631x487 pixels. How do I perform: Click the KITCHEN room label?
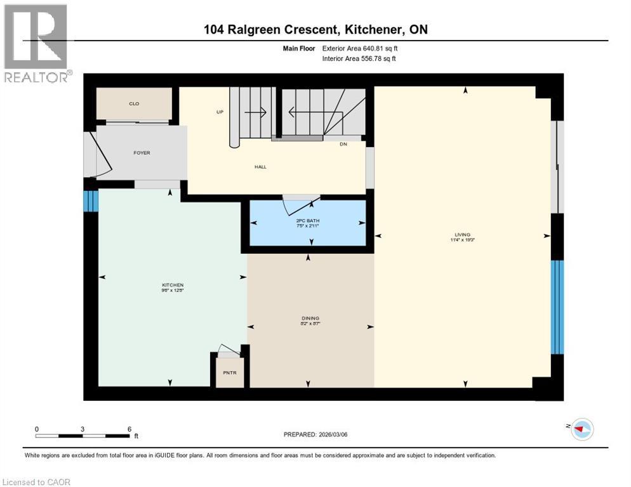click(172, 285)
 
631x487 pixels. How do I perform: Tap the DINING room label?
click(310, 318)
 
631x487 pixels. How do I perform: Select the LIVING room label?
click(466, 235)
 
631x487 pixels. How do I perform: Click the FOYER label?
click(142, 153)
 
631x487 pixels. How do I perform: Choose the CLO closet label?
click(134, 104)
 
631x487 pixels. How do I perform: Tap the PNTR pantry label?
click(229, 373)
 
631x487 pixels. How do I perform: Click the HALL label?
click(260, 167)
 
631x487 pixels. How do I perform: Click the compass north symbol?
click(581, 429)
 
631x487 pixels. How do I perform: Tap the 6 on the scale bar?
click(129, 429)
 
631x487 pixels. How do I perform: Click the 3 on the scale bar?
click(83, 429)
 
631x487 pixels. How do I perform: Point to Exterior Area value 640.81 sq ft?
click(380, 48)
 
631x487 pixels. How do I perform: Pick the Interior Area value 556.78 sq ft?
click(380, 59)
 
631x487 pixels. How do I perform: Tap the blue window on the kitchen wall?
click(91, 200)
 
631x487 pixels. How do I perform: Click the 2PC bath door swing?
click(300, 205)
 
